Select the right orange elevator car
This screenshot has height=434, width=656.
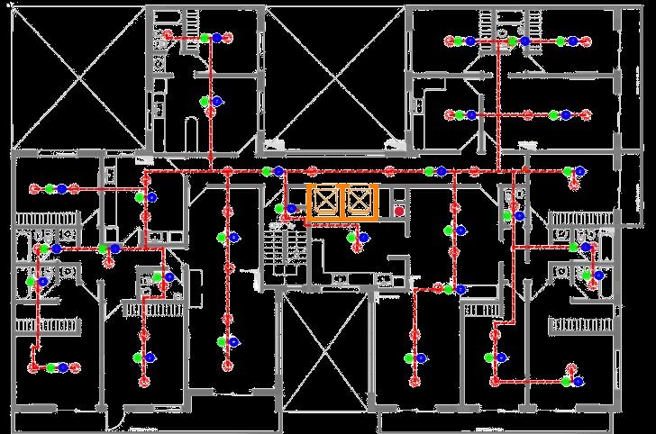[x=360, y=202]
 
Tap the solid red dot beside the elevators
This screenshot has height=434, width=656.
[x=398, y=211]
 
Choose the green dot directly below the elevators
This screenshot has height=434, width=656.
[x=353, y=238]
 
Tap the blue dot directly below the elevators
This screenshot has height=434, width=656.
[x=363, y=238]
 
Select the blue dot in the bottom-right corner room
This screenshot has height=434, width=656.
[x=579, y=382]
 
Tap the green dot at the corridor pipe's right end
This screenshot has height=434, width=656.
[x=568, y=170]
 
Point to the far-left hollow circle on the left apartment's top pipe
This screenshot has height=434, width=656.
[x=33, y=189]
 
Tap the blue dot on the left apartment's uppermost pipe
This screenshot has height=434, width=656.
[x=61, y=189]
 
